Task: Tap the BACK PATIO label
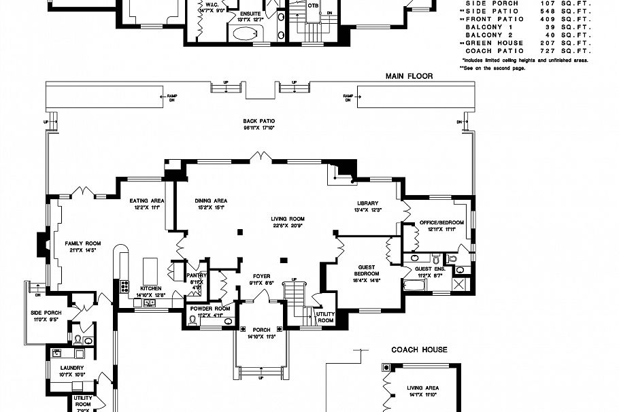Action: [x=258, y=121]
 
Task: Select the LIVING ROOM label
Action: [x=288, y=219]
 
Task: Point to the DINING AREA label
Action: [x=211, y=201]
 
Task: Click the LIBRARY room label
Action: [x=367, y=203]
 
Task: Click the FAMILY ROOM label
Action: [x=82, y=243]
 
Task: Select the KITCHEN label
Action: [x=151, y=288]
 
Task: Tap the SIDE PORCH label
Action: [x=46, y=312]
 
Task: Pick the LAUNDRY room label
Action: [x=71, y=368]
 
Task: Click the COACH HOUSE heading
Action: [x=419, y=350]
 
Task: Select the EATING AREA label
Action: [x=147, y=201]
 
